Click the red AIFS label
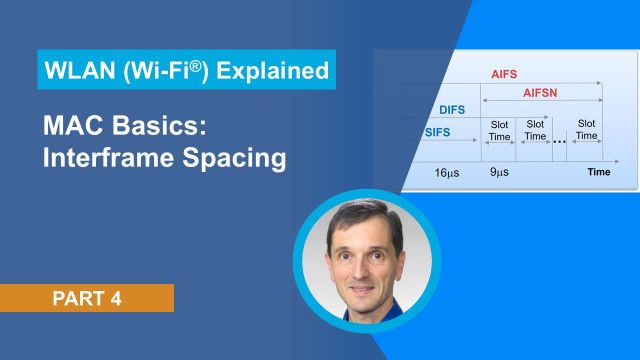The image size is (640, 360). click(503, 74)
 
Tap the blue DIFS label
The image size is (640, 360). click(452, 110)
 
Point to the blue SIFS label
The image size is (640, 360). click(437, 132)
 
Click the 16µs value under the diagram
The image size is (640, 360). click(446, 173)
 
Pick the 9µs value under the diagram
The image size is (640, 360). click(498, 173)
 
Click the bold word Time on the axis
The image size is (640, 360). click(599, 173)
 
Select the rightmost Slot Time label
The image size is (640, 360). click(586, 129)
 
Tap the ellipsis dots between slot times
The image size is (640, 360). click(559, 140)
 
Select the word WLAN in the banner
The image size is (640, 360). click(76, 71)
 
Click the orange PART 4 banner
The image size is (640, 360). click(87, 298)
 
